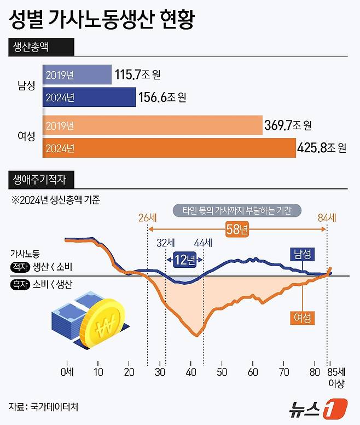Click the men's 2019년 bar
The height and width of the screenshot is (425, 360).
[77, 74]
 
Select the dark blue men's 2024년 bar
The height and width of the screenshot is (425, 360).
[89, 97]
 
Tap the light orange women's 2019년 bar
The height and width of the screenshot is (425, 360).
[153, 125]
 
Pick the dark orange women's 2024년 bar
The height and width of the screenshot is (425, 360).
[169, 148]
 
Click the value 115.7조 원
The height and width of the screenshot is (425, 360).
[137, 74]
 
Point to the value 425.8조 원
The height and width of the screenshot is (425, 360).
[322, 148]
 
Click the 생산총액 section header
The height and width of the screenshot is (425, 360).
[41, 47]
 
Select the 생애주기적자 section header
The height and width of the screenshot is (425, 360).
[41, 180]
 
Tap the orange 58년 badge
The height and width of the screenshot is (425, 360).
[237, 229]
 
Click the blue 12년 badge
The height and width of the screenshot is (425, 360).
[184, 260]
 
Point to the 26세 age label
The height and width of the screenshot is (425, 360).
[148, 217]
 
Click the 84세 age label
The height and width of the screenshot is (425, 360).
[327, 217]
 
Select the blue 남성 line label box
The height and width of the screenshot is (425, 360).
[303, 254]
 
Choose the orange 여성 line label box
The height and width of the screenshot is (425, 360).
[303, 318]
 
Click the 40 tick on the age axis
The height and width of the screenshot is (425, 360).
[191, 372]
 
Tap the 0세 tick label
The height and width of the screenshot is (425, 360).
[67, 372]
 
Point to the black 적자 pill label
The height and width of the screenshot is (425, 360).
[20, 267]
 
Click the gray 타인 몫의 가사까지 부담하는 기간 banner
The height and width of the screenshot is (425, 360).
[237, 211]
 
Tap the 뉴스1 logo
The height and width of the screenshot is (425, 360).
[318, 408]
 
